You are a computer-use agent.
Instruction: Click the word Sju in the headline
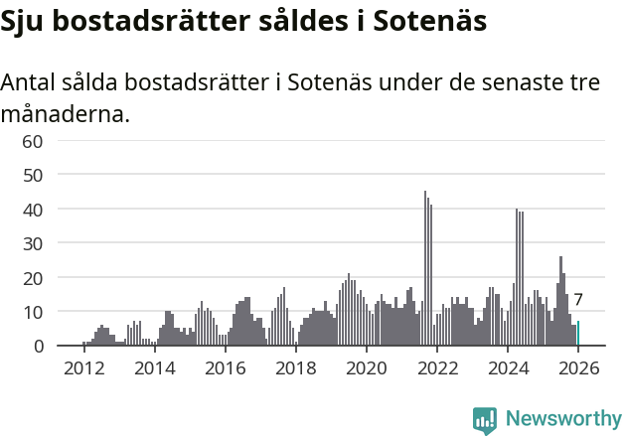[x=26, y=23]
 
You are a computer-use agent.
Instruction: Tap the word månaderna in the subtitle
[x=65, y=114]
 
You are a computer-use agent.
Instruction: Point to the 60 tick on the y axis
[x=33, y=141]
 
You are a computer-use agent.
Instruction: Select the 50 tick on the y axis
[x=33, y=176]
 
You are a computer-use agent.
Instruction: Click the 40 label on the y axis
[x=33, y=210]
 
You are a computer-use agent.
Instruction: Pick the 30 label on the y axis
[x=33, y=243]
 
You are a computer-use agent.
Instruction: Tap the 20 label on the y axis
[x=33, y=278]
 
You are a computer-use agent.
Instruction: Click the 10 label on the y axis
[x=33, y=312]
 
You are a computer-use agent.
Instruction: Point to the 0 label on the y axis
[x=38, y=346]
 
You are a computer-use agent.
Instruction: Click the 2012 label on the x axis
[x=83, y=367]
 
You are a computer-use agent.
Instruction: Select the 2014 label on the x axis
[x=154, y=367]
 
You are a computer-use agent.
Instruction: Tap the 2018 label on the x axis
[x=295, y=367]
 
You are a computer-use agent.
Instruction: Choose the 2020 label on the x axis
[x=366, y=367]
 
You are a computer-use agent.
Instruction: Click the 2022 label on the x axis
[x=436, y=367]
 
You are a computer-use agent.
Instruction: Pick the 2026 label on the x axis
[x=578, y=367]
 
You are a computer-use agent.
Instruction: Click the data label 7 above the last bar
[x=578, y=300]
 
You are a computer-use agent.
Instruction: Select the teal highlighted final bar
[x=578, y=334]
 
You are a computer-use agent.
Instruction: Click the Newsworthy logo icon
[x=485, y=419]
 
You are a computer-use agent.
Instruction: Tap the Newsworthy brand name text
[x=562, y=419]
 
